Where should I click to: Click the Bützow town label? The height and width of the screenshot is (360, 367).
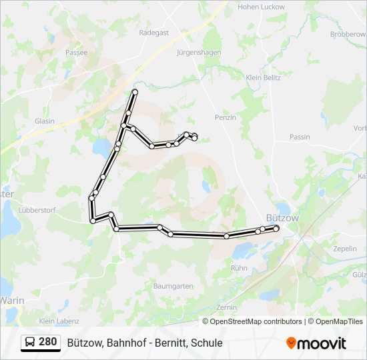coord(282,218)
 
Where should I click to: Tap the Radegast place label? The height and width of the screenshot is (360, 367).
coord(154,32)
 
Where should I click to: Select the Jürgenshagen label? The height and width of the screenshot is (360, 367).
coord(198,51)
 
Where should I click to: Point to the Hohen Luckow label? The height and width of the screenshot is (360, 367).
coord(261,7)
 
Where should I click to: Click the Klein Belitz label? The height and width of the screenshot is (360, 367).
coord(263,78)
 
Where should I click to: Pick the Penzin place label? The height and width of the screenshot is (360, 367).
coord(226,117)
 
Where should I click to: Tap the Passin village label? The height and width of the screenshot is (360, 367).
coord(300,137)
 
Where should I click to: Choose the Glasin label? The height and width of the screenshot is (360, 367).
coord(45,121)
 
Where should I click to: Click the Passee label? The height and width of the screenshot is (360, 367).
coord(77,51)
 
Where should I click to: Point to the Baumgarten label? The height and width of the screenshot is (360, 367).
coord(173,286)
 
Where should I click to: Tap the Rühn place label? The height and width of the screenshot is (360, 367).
coord(239,267)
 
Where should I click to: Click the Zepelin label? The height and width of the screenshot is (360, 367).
coord(344,248)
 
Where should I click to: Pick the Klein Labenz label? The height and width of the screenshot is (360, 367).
coord(59,321)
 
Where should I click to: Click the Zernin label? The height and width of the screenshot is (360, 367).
coord(227,307)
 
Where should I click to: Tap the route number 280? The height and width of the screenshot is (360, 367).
coord(48,342)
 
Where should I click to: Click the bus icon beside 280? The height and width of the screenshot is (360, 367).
coord(31,343)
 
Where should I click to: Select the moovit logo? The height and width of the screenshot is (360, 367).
coord(316,343)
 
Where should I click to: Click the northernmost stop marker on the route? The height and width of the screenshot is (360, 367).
coord(135,91)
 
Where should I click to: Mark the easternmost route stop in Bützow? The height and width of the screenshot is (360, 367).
coord(276,228)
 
